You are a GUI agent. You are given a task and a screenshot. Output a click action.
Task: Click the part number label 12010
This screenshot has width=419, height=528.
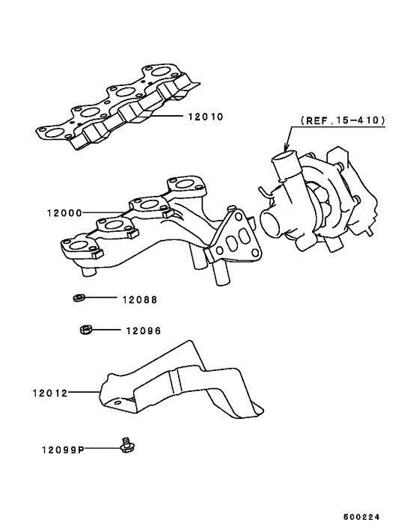coord(207,117)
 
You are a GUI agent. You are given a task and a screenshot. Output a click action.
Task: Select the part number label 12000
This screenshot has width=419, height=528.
coord(64,212)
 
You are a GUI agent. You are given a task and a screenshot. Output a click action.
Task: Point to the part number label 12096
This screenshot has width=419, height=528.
coord(144,330)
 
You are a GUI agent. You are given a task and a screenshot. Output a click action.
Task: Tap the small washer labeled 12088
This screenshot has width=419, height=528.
coord(78,299)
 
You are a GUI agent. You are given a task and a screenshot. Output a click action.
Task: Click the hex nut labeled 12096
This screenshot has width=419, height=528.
coord(85,329)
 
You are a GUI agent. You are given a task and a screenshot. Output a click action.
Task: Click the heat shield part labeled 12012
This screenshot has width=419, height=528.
coord(180,385)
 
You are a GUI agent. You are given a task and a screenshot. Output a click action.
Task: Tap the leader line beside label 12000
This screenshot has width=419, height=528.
coord(105,212)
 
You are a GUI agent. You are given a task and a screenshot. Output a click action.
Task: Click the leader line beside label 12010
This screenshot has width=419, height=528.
coord(168,117)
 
